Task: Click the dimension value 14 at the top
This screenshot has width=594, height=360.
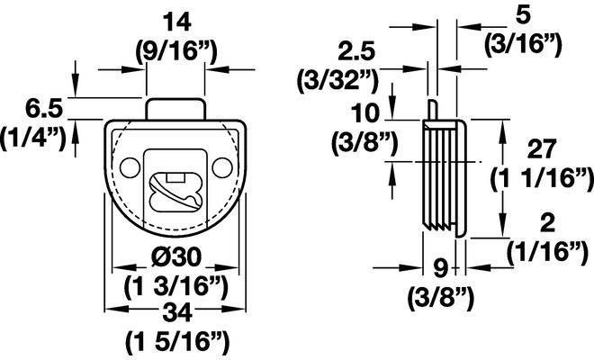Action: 176,22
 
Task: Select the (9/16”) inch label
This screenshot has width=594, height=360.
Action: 176,53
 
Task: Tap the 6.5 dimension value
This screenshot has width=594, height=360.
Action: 43,109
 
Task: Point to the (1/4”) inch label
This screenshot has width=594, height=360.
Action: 33,139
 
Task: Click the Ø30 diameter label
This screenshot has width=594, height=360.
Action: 175,258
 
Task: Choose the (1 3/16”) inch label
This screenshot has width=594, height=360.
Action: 176,288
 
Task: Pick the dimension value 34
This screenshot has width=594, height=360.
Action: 176,314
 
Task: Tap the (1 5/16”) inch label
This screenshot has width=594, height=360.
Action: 177,343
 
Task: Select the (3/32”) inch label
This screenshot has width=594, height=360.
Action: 337,81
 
